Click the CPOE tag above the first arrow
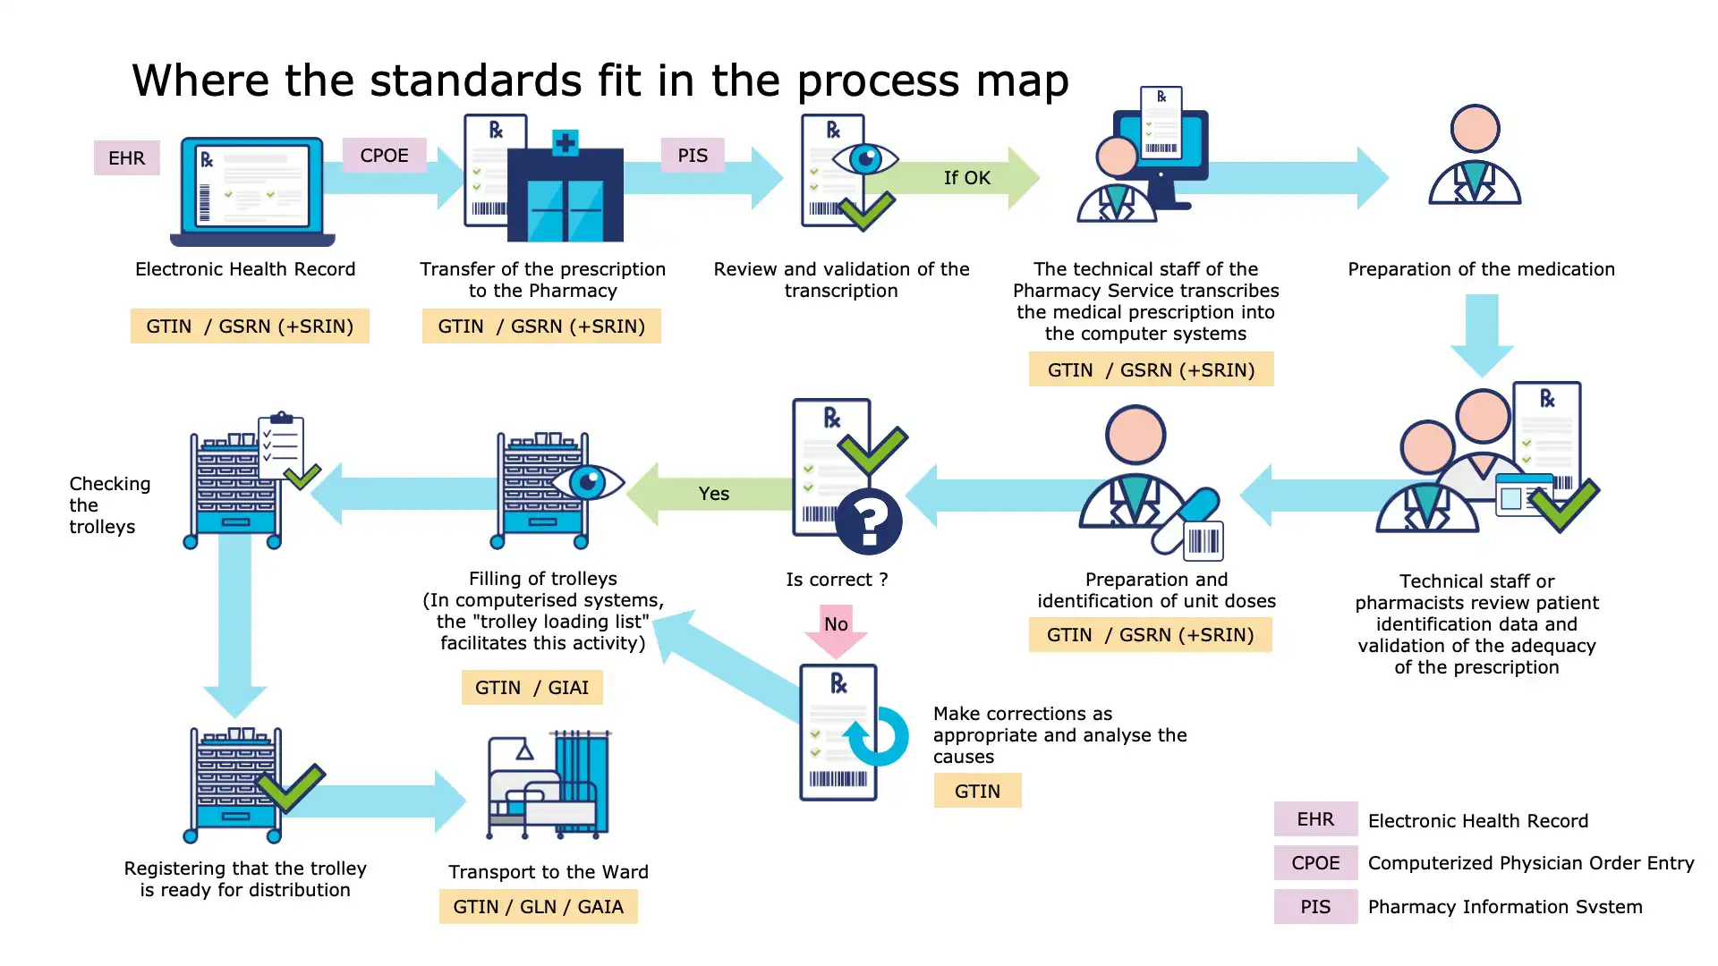click(x=384, y=156)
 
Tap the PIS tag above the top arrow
click(x=692, y=156)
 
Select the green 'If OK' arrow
click(x=967, y=178)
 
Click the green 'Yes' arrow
click(x=713, y=494)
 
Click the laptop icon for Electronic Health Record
click(x=252, y=191)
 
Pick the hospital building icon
click(x=565, y=190)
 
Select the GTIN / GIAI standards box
click(x=532, y=688)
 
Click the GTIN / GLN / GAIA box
click(x=538, y=907)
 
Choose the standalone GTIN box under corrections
click(x=977, y=792)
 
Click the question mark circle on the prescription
click(x=868, y=521)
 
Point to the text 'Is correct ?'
click(x=837, y=580)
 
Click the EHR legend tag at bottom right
click(x=1315, y=819)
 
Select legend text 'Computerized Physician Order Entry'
click(x=1530, y=863)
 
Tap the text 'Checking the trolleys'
click(x=108, y=505)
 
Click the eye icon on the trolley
click(x=588, y=483)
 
